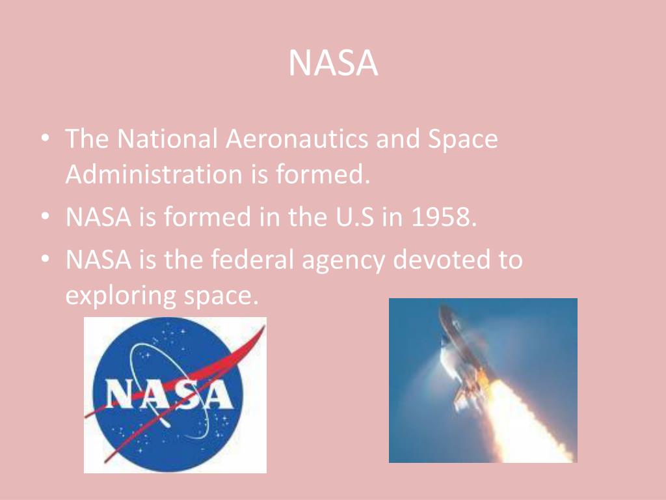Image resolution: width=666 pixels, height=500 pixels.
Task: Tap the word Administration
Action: pos(153,174)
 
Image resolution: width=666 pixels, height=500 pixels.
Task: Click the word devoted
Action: pos(444,260)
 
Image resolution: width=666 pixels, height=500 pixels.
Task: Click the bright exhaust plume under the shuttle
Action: pos(520,417)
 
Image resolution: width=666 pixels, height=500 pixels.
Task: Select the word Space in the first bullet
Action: pos(463,140)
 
